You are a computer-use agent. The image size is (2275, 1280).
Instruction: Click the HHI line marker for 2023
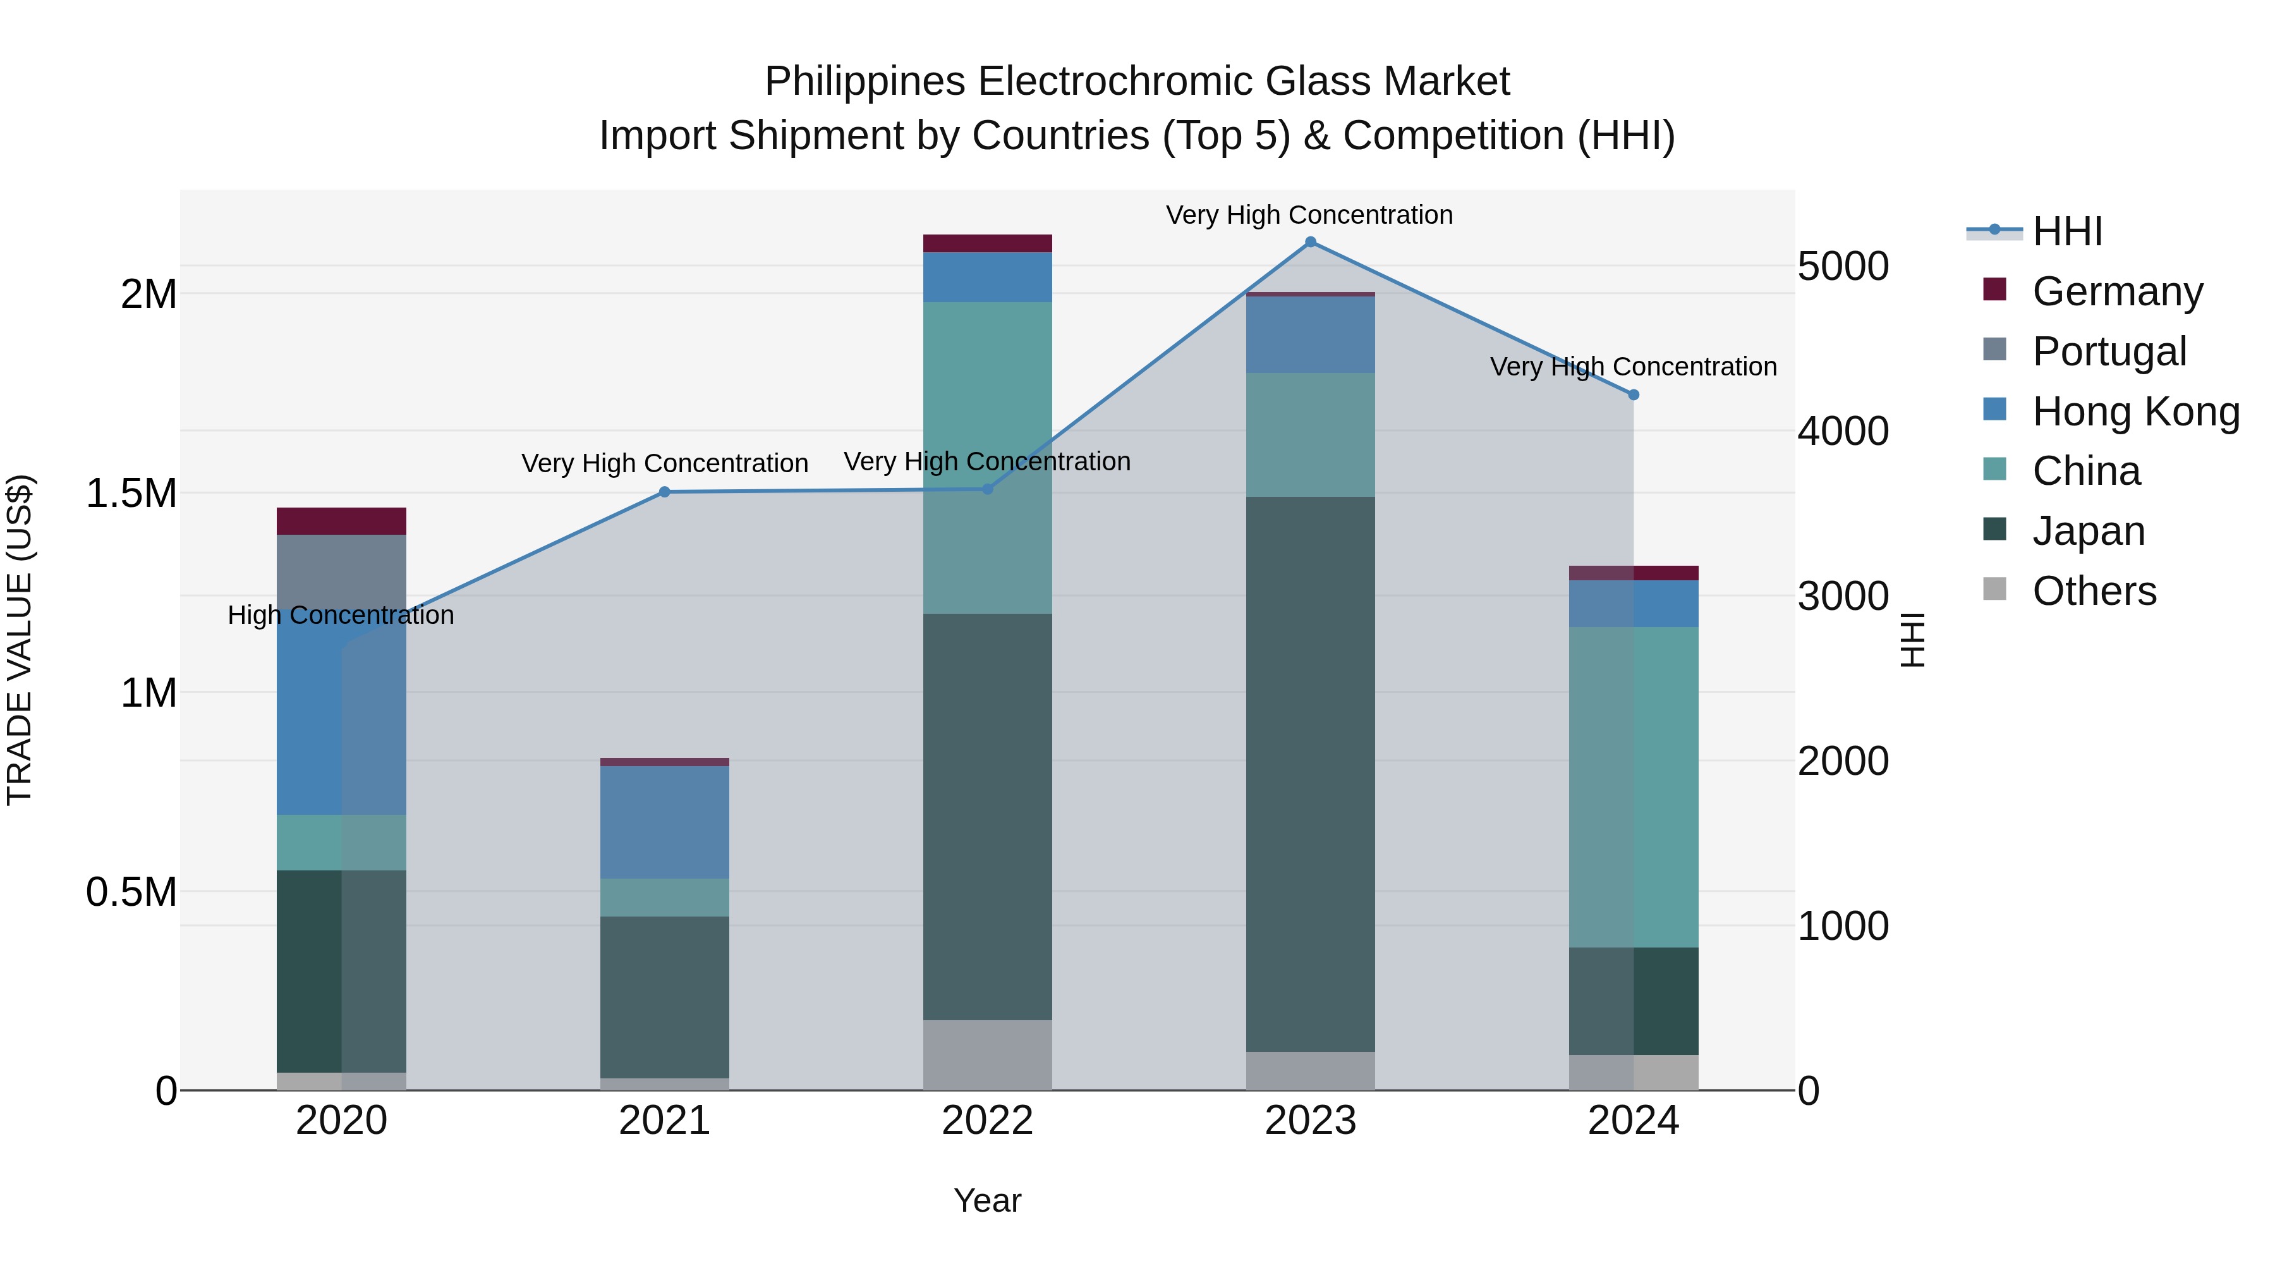1311,242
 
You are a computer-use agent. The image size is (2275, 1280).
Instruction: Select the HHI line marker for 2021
665,492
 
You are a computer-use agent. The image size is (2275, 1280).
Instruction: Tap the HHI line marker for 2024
1633,395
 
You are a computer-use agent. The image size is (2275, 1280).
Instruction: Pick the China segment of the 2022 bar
987,458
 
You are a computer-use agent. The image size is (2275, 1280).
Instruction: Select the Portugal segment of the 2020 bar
342,574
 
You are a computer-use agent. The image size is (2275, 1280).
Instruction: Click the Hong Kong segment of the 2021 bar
665,822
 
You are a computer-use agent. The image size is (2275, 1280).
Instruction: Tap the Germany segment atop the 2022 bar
987,244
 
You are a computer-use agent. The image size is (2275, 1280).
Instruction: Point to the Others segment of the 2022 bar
987,1055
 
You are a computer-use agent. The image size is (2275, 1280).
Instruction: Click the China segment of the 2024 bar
1633,786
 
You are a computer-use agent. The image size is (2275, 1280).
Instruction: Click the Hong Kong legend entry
2135,411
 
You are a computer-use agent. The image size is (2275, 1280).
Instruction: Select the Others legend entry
2093,591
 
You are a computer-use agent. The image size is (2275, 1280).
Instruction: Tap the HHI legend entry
2066,231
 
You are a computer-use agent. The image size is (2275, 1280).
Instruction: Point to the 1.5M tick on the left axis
131,494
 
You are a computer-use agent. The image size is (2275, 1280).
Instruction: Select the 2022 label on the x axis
987,1121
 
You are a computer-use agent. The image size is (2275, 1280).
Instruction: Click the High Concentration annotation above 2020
341,615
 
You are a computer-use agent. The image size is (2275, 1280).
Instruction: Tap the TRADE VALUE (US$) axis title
20,640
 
